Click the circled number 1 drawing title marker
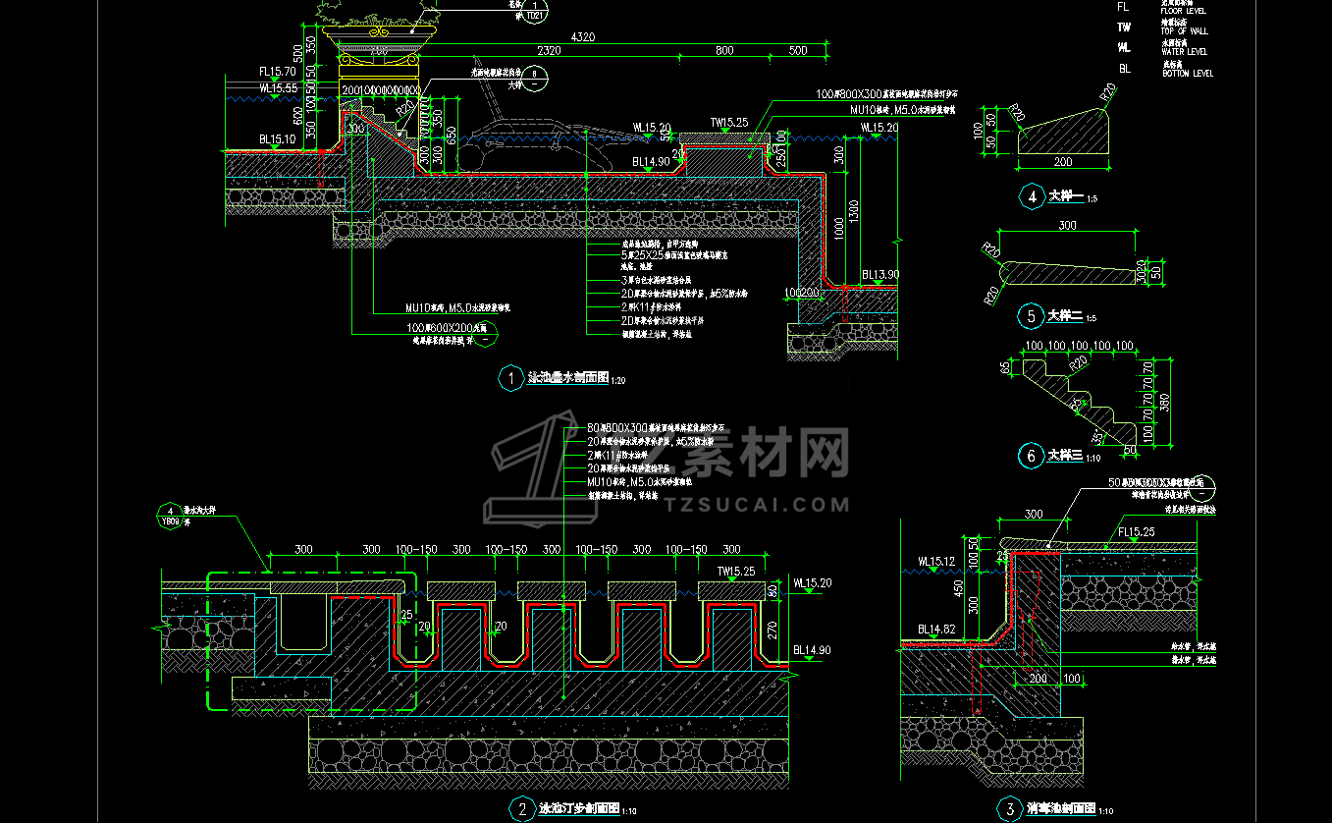tap(511, 378)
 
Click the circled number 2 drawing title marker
tap(520, 809)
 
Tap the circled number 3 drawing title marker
tap(1008, 809)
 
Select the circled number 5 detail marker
tap(1031, 316)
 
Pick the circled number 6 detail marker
tap(1031, 456)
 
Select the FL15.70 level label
tap(277, 72)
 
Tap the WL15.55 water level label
tap(279, 88)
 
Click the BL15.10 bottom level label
tap(278, 140)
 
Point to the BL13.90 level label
tap(879, 275)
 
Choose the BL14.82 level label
tap(937, 629)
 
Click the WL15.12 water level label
tap(937, 563)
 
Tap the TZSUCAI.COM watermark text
tap(757, 505)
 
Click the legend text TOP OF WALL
tap(1186, 31)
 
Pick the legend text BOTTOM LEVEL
tap(1188, 74)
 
